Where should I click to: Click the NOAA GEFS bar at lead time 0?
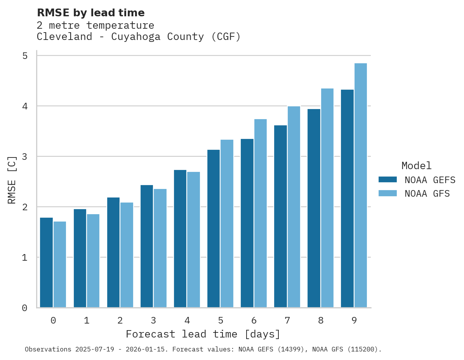coord(46,263)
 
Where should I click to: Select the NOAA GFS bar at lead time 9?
coord(361,185)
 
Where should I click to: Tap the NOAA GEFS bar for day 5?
coord(214,228)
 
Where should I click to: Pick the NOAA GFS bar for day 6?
coord(261,213)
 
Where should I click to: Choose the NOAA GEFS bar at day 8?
coord(314,208)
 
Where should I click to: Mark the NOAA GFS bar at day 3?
coord(160,248)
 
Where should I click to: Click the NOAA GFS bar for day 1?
coord(93,261)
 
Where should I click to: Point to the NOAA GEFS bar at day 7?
coord(280,216)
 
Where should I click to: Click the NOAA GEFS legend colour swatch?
coord(388,180)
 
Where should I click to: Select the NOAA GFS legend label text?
coord(427,194)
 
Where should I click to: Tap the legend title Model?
coord(416,166)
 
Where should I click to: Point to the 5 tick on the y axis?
coord(25,56)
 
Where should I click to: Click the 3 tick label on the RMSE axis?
coord(25,157)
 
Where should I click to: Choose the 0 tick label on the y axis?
coord(25,308)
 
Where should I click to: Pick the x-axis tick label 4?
coord(187,320)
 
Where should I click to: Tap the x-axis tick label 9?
coord(354,320)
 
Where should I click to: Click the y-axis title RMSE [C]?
coord(12,180)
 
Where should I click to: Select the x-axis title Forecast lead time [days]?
coord(203,334)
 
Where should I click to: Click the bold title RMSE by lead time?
coord(91,13)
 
